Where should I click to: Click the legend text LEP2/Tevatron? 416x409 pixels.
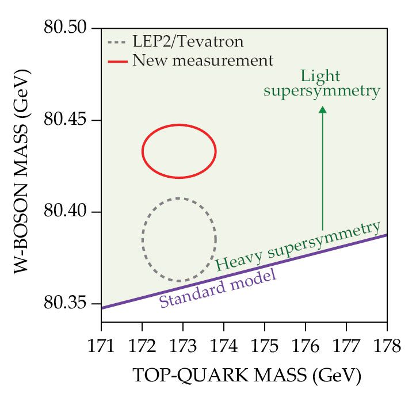(188, 42)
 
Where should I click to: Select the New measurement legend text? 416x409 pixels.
(203, 60)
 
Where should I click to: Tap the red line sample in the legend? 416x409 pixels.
(117, 60)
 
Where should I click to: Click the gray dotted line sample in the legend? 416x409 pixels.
(117, 42)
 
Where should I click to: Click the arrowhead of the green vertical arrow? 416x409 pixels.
(323, 111)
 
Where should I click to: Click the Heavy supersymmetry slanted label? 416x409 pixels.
(297, 246)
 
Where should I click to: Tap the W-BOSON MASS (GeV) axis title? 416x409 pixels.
(24, 173)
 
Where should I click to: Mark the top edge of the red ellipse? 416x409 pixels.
(179, 125)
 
